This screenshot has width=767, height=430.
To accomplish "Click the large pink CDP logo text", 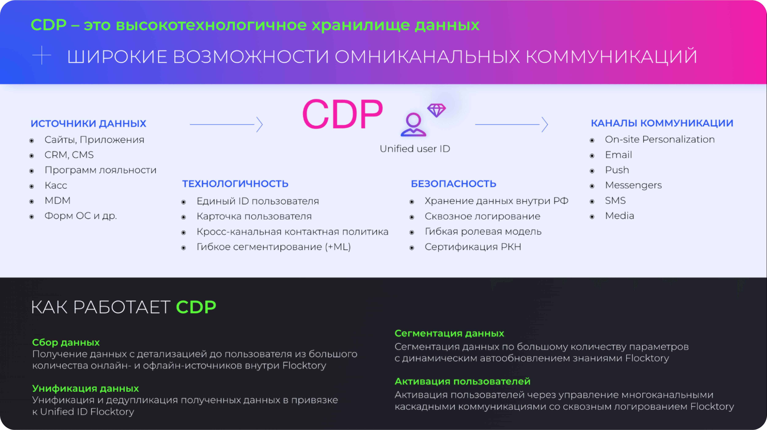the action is [x=342, y=114].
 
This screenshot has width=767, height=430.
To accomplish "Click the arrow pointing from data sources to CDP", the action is [x=226, y=124].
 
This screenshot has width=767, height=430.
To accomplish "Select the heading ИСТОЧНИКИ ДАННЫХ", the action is [x=88, y=123].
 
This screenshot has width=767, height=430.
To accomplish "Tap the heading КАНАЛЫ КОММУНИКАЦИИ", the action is [x=662, y=123].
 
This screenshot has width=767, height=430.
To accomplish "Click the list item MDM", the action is [x=58, y=200].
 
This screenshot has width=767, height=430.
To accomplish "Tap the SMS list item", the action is [x=615, y=200].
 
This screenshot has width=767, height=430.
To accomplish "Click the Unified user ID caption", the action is [x=415, y=149].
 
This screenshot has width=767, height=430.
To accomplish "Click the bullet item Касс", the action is [x=56, y=185].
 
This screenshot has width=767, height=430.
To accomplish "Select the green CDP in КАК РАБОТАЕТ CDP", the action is [x=196, y=307].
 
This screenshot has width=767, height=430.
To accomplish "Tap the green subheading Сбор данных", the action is [x=66, y=343].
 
